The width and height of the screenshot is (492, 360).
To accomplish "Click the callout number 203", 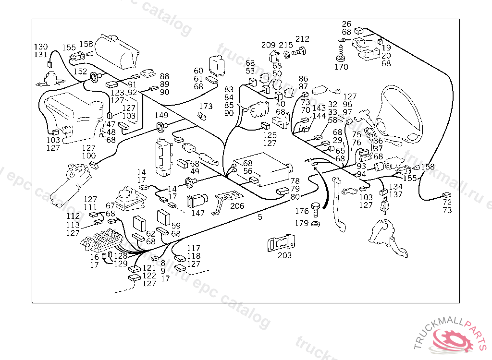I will [x=284, y=255].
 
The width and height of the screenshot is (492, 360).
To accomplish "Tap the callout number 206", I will [x=237, y=206].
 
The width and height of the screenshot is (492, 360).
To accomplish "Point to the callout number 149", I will [x=161, y=115].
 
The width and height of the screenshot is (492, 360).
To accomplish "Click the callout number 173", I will [x=206, y=106].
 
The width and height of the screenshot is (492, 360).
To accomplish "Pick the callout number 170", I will [x=341, y=67].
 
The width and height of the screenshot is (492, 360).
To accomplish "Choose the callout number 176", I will [x=302, y=211].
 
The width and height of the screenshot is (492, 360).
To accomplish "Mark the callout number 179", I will [x=302, y=223].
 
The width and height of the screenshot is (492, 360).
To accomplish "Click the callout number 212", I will [x=302, y=39].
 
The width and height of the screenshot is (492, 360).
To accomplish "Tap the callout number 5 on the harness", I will [x=260, y=217].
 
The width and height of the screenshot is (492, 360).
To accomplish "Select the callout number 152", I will [x=80, y=71].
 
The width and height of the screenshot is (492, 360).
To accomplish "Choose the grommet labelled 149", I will [x=159, y=127].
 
